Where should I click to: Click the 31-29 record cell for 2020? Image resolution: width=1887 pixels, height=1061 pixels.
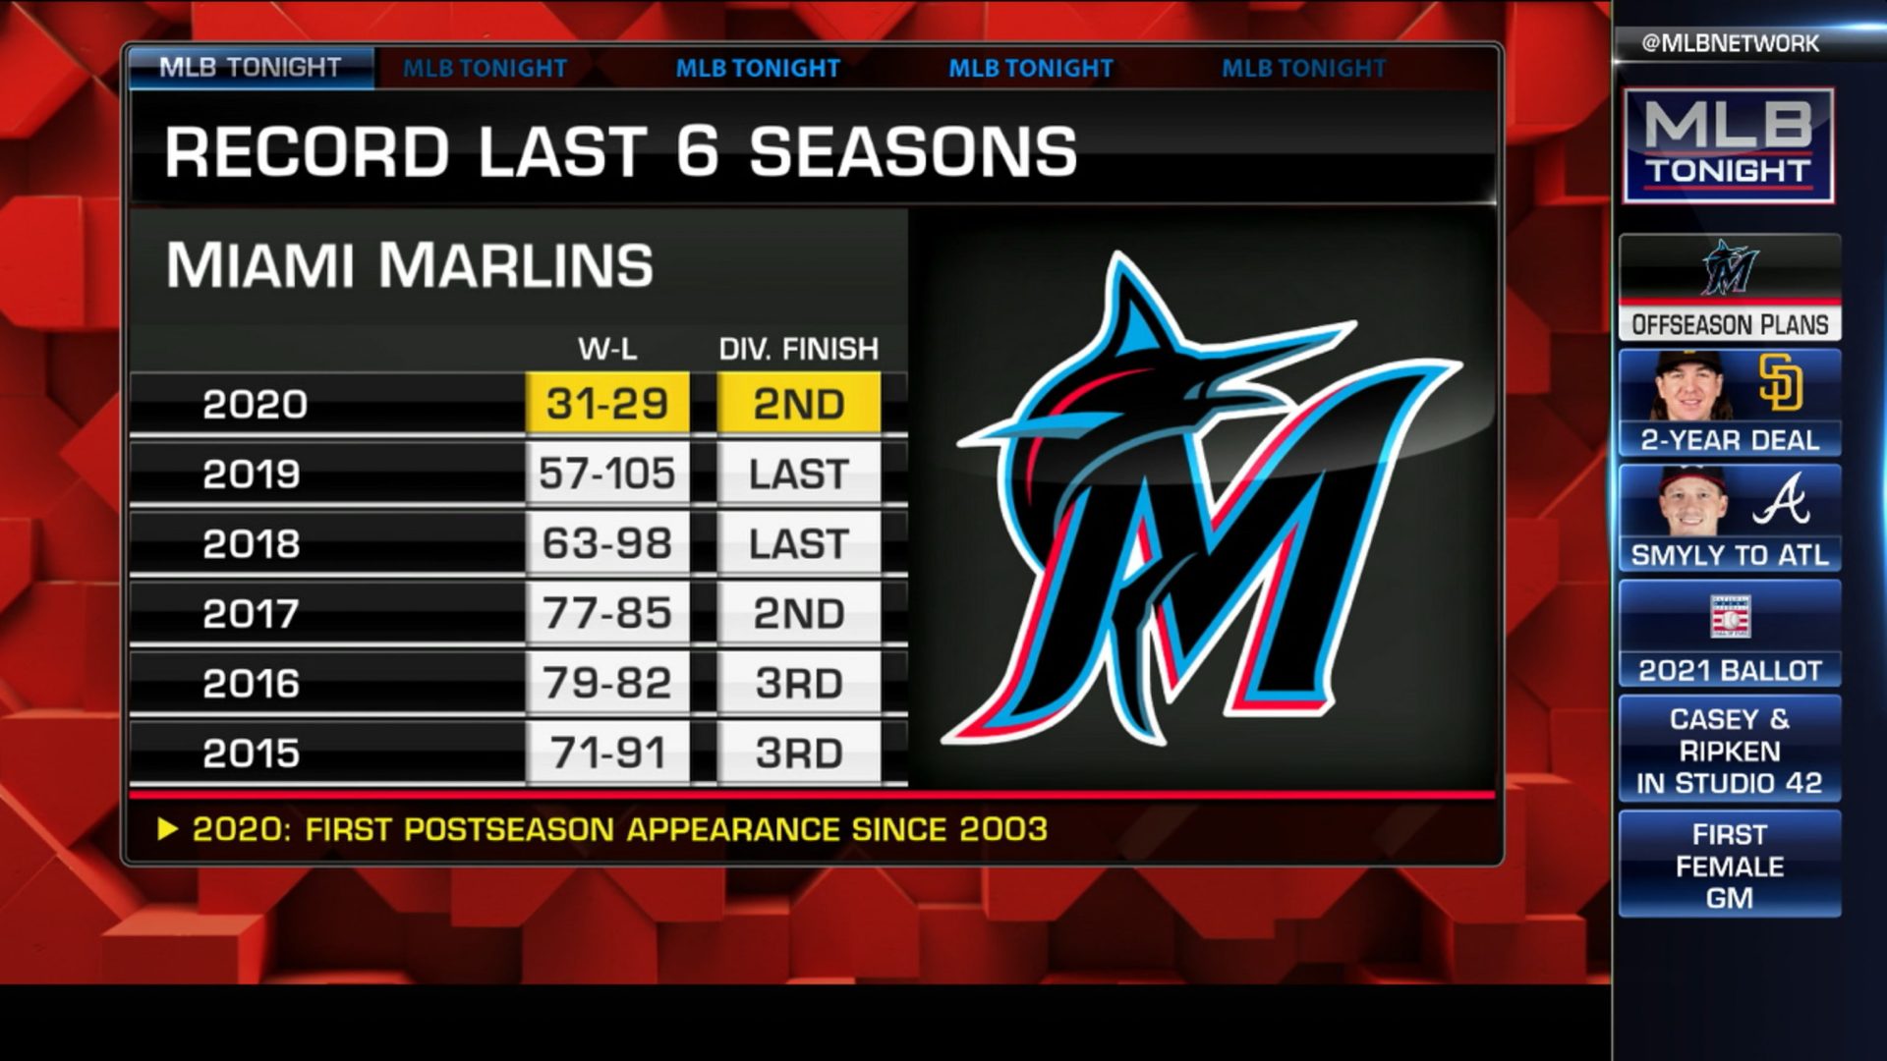coord(607,404)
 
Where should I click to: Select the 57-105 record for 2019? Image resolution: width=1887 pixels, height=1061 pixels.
coord(607,475)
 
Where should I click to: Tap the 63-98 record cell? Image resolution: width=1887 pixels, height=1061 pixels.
coord(607,544)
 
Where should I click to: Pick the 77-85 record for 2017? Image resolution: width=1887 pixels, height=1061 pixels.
coord(607,614)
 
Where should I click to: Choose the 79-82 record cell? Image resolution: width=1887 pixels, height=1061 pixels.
coord(607,684)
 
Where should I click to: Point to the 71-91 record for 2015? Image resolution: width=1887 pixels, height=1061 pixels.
coord(607,754)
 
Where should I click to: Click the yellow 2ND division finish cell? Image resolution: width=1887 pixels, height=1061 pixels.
coord(798,404)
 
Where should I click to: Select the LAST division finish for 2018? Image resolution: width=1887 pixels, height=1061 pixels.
coord(798,544)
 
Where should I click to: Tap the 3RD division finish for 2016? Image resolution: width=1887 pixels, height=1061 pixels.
coord(798,684)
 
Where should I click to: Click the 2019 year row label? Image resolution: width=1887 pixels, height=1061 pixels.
coord(252,475)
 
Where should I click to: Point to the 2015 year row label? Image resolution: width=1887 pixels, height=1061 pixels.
coord(252,754)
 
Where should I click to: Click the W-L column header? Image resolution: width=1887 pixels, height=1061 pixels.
coord(607,349)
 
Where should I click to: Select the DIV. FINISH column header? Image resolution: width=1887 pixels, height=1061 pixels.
coord(798,349)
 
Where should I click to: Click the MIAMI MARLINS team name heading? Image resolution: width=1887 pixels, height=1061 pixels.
coord(410,265)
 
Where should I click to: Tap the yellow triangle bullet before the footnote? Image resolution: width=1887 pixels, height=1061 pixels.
coord(168,830)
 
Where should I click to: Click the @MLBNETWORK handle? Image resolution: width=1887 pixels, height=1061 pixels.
coord(1730,43)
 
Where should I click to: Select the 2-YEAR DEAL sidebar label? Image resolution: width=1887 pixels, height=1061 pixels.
coord(1730,440)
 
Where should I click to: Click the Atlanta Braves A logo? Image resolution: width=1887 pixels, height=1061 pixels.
coord(1781,499)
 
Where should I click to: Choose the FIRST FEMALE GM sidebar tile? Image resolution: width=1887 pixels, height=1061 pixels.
coord(1730,866)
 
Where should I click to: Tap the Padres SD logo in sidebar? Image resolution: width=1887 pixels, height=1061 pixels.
coord(1781,382)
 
